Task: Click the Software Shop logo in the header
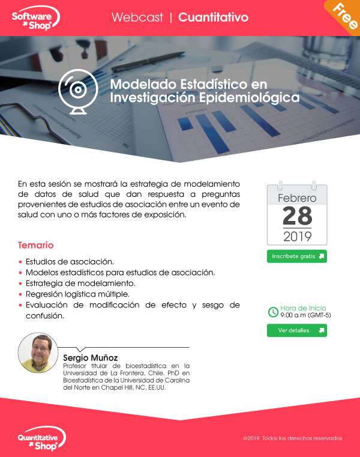point(35,18)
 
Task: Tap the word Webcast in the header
point(137,17)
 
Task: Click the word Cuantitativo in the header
point(213,17)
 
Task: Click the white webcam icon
point(78,91)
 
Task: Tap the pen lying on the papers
point(148,61)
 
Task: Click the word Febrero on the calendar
point(297,198)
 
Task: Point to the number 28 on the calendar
point(297,216)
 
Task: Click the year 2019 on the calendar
point(298,237)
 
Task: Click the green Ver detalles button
point(297,330)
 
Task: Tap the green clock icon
point(273,312)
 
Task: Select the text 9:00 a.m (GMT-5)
point(305,315)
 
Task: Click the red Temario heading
point(35,245)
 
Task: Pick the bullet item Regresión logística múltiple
point(77,294)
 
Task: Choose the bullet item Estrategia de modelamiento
point(80,283)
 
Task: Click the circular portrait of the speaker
point(38,353)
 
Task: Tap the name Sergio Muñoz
point(90,358)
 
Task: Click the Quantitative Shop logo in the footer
point(41,438)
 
